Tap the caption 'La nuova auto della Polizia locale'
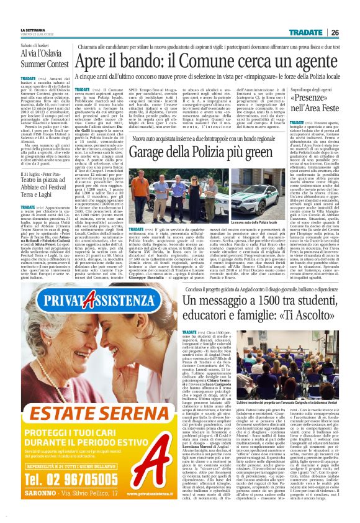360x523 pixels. click(218, 221)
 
